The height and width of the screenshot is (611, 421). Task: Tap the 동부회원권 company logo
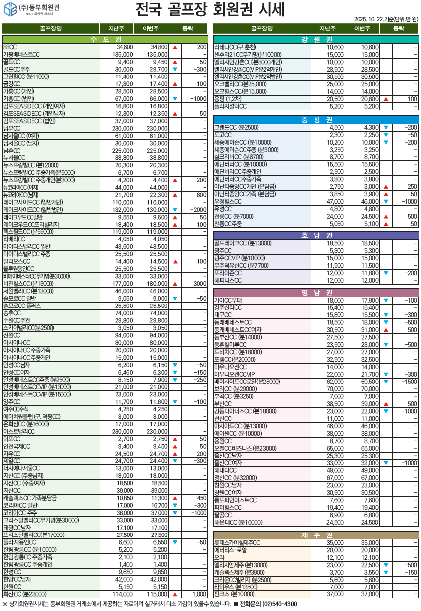32,8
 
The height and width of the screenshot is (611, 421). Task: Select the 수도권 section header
105,39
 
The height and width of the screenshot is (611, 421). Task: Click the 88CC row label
10,47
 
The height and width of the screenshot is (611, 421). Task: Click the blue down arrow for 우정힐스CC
386,202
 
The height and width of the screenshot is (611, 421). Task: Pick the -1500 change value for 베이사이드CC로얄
410,382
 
